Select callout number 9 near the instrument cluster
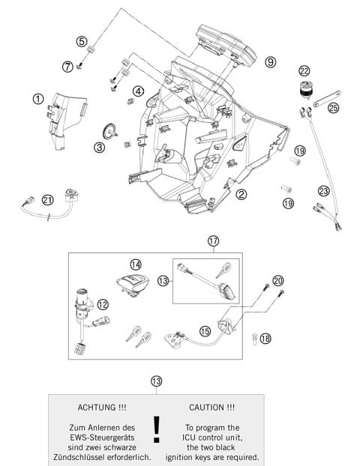point(270,61)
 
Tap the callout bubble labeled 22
point(304,71)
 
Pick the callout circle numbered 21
point(48,199)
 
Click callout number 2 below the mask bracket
point(241,194)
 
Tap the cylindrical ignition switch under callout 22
point(304,92)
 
